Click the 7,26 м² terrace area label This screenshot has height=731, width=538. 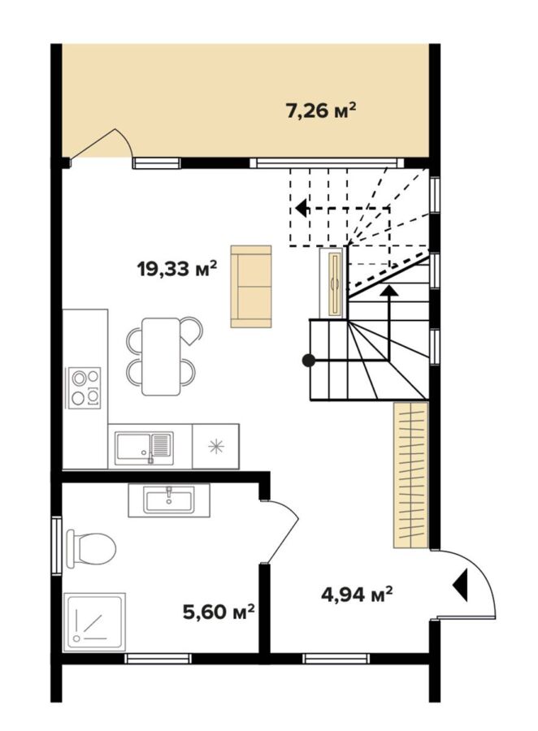(x=321, y=111)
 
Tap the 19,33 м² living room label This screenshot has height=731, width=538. (x=177, y=269)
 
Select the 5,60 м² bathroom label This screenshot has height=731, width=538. (x=219, y=611)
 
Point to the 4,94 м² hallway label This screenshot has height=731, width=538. (x=357, y=594)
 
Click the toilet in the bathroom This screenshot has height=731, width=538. (x=90, y=548)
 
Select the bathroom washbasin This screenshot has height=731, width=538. (x=169, y=500)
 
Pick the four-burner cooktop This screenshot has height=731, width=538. (x=85, y=387)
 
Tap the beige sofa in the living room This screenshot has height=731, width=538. (x=251, y=287)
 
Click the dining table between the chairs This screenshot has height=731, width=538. (x=161, y=357)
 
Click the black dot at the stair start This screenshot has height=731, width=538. (x=309, y=360)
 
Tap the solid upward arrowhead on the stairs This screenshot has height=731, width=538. (x=388, y=290)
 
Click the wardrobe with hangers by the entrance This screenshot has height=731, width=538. (x=410, y=474)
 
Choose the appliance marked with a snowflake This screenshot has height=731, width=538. (x=215, y=446)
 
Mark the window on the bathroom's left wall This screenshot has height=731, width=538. (x=56, y=546)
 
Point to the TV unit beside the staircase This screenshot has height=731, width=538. (x=333, y=283)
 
